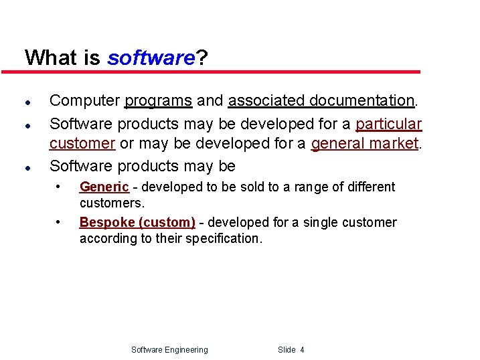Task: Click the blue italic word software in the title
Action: [x=151, y=58]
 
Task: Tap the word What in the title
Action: [x=51, y=58]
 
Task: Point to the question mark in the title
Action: [x=201, y=58]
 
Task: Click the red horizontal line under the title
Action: [x=221, y=72]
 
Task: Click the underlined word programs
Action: [x=159, y=101]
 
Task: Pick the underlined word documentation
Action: [x=358, y=101]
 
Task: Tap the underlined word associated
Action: [x=260, y=101]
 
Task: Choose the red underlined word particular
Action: [x=389, y=124]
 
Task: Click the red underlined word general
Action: [x=339, y=143]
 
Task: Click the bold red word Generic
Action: [x=104, y=187]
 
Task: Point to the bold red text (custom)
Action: [x=172, y=223]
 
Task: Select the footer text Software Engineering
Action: [x=169, y=350]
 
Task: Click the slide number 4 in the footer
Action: [x=302, y=350]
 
